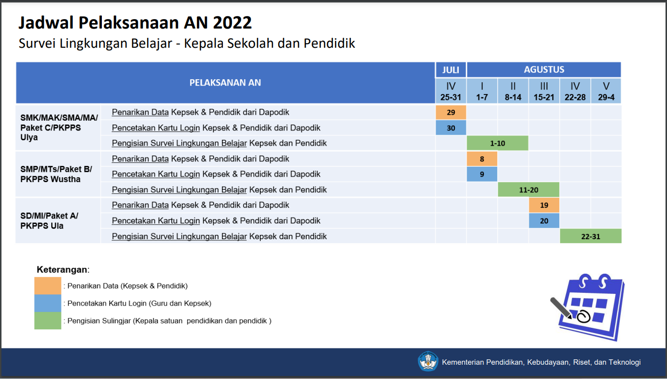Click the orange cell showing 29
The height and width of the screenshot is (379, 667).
click(x=451, y=112)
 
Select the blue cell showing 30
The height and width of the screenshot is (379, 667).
click(x=451, y=127)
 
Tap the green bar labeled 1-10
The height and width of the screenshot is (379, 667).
click(x=498, y=143)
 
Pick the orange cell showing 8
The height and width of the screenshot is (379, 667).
click(x=482, y=158)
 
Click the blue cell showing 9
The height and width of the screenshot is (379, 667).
click(x=482, y=174)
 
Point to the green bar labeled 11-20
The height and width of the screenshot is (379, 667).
click(x=529, y=189)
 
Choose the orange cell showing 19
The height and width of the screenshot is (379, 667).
click(x=544, y=205)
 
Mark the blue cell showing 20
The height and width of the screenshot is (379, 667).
click(x=544, y=221)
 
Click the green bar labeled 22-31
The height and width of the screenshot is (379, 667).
click(x=591, y=236)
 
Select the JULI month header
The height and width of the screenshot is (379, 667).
click(x=451, y=70)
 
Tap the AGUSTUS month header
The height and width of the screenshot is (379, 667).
click(x=544, y=70)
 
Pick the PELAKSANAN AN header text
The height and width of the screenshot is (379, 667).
click(x=225, y=83)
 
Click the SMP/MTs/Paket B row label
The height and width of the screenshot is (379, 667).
click(x=56, y=174)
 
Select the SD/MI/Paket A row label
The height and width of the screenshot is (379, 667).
click(x=49, y=221)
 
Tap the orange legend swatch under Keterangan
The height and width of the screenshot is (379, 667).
click(x=48, y=286)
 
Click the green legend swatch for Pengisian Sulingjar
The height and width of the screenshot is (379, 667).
click(x=48, y=320)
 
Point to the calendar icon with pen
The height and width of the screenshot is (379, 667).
click(x=588, y=307)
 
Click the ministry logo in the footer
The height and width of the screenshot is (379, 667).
click(x=428, y=361)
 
